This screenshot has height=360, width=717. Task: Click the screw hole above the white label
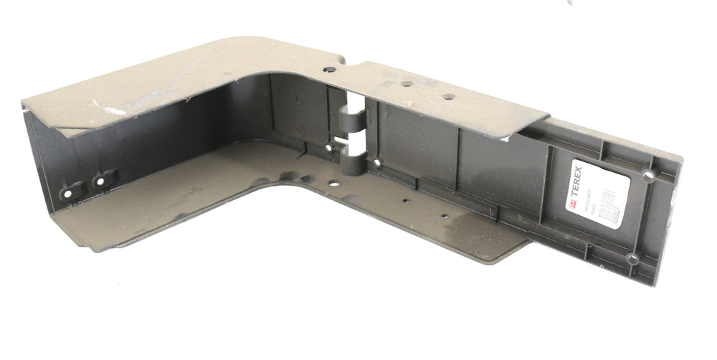click(648, 174)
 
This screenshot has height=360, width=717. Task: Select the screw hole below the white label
click(632, 257)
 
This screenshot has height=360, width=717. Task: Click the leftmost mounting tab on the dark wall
click(71, 192)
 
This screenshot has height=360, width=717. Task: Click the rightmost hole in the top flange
click(448, 96)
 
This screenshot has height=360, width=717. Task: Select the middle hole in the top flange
click(406, 83)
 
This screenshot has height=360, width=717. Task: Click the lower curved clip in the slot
click(351, 161)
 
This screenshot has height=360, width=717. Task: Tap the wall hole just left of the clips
click(328, 148)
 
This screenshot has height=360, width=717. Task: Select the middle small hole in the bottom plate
click(406, 201)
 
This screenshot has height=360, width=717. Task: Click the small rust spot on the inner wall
click(490, 211)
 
